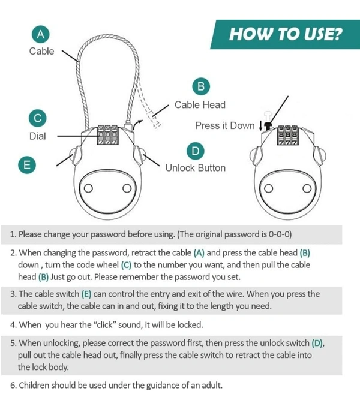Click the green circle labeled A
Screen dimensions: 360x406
tap(41, 34)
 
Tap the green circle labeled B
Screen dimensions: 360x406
tap(201, 86)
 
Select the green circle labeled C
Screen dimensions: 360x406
tap(38, 118)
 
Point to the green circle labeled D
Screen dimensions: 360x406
tap(196, 151)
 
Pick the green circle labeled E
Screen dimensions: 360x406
tap(27, 165)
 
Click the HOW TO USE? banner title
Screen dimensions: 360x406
tap(286, 34)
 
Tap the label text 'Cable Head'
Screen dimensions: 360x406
tap(200, 104)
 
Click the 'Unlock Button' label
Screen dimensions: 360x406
tap(196, 168)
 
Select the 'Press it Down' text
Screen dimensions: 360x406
tap(225, 125)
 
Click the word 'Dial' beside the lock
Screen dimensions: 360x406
tap(38, 136)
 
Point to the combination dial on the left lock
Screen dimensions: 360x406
tap(108, 135)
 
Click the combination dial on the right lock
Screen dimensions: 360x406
tap(288, 135)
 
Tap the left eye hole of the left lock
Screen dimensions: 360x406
tap(88, 188)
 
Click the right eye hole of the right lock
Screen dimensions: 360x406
tap(307, 188)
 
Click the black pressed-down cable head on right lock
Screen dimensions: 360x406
tap(268, 126)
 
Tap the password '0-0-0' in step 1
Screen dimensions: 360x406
tap(279, 234)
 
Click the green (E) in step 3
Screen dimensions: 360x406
tap(86, 294)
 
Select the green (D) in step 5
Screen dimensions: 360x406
tap(317, 344)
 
